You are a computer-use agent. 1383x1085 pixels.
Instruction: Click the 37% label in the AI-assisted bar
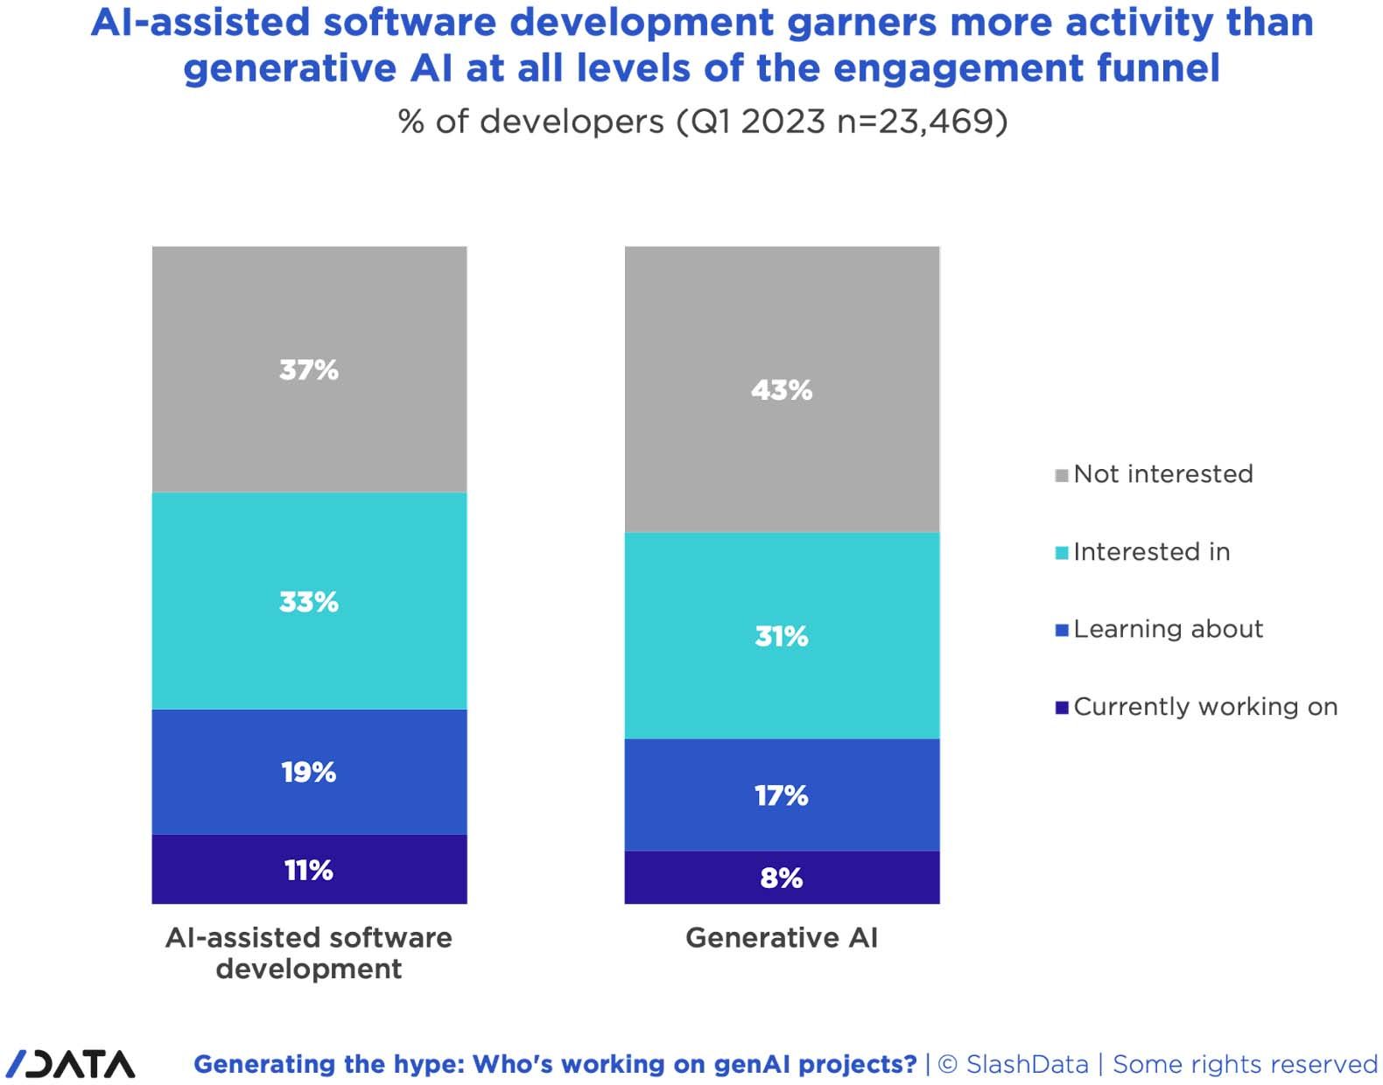(x=309, y=370)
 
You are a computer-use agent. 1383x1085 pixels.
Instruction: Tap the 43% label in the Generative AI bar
(x=782, y=390)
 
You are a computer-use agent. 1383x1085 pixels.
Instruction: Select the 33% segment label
(x=309, y=602)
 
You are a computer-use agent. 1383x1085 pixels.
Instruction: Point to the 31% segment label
(x=782, y=636)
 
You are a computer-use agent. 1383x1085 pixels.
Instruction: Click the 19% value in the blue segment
(x=309, y=773)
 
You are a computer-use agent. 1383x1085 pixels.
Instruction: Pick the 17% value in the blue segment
(x=782, y=796)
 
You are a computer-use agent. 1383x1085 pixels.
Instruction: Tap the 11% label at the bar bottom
(x=309, y=871)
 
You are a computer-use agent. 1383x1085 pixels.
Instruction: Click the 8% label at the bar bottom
(x=782, y=878)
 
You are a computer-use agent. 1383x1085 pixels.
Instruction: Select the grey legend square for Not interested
(x=1062, y=476)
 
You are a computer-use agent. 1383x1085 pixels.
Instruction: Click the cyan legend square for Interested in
(x=1062, y=553)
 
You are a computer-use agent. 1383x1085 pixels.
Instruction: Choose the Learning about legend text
(x=1168, y=629)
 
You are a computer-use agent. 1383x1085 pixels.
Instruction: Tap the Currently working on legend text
(x=1205, y=707)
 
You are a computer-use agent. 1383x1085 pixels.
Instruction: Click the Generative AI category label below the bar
(x=782, y=938)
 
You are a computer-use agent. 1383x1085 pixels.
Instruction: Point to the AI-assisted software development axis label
(x=309, y=953)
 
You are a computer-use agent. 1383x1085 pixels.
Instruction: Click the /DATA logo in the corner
(x=70, y=1064)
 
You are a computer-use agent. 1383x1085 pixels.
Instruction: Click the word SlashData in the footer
(x=1027, y=1065)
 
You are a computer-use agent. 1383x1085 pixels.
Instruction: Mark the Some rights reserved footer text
(x=1245, y=1065)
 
